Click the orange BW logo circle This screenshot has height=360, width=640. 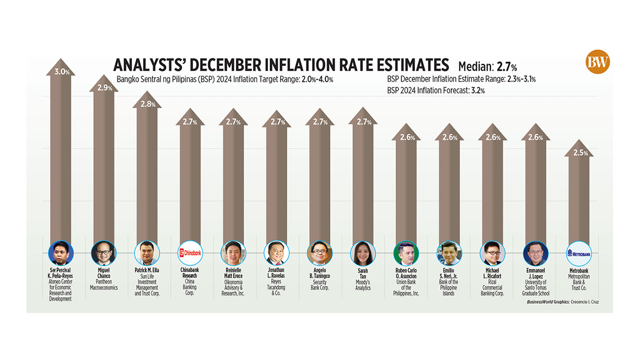(598, 62)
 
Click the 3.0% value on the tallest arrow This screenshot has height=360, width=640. (61, 71)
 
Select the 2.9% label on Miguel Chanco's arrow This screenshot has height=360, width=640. (104, 87)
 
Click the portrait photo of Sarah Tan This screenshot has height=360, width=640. (363, 254)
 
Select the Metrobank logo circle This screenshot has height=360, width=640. (579, 254)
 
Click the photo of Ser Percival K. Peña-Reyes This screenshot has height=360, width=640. (61, 254)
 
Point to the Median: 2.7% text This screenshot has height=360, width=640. (487, 66)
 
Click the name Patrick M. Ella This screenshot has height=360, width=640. (146, 270)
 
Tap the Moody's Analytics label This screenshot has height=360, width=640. (363, 285)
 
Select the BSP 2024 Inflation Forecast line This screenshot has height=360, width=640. (435, 90)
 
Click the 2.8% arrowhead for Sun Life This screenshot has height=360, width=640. (147, 104)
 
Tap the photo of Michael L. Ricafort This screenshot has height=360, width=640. (492, 254)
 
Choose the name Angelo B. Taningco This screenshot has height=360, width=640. (319, 273)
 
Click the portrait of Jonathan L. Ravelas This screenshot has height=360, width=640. (276, 254)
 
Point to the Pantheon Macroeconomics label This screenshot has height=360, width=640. (104, 285)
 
